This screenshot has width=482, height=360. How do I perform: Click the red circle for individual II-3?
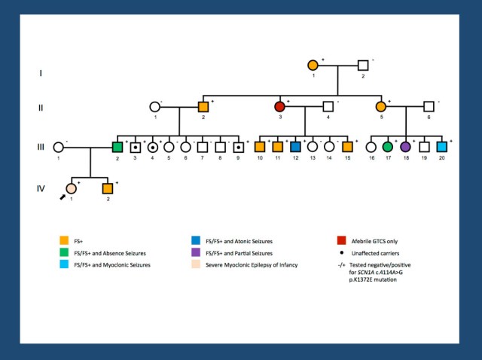(x=280, y=106)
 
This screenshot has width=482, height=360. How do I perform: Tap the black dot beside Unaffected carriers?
(x=342, y=252)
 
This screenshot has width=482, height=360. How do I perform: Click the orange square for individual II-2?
(x=203, y=106)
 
